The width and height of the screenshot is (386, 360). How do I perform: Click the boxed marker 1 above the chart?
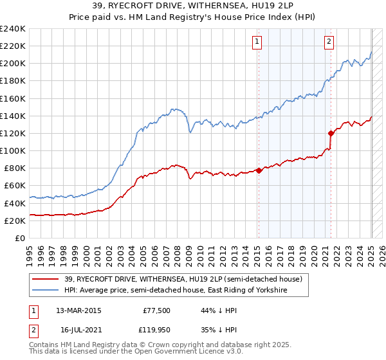click(257, 42)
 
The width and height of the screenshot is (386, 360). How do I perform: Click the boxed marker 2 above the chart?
click(329, 42)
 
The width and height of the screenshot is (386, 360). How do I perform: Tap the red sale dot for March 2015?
click(259, 170)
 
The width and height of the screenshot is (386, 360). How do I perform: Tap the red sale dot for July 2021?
click(331, 134)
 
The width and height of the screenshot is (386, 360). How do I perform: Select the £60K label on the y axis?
click(15, 185)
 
